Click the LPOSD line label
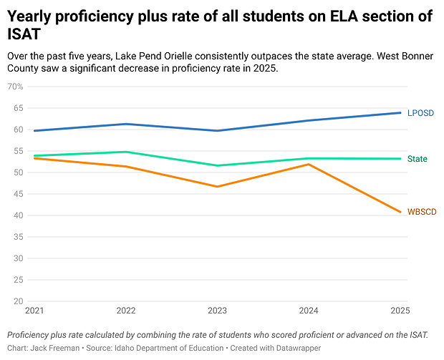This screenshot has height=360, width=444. click(420, 113)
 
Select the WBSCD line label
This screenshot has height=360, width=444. click(422, 213)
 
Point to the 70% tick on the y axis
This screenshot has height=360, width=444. click(15, 87)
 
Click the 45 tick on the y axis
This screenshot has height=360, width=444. click(19, 194)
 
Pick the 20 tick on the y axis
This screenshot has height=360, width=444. click(19, 301)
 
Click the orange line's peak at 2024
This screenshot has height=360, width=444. click(309, 165)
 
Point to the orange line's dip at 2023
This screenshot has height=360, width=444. click(217, 187)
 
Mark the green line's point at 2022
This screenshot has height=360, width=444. click(126, 152)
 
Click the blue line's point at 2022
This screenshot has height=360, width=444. click(126, 124)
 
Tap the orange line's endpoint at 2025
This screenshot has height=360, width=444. click(400, 212)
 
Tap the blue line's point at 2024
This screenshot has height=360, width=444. click(309, 120)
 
